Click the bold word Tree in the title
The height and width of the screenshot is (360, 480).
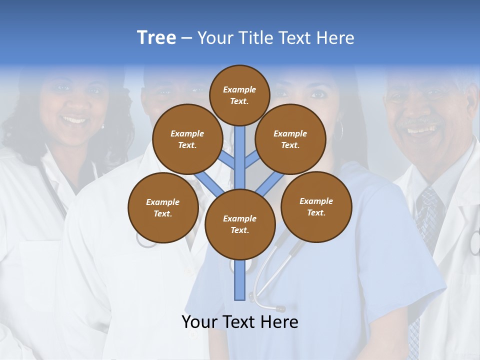click(x=156, y=37)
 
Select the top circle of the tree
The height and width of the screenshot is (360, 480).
click(x=239, y=95)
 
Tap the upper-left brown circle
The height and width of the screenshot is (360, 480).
click(x=187, y=139)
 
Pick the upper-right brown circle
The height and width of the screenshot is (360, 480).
click(x=290, y=139)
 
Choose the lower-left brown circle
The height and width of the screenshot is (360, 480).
click(x=163, y=207)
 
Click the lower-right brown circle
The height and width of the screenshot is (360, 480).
click(x=316, y=206)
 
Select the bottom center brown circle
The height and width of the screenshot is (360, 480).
click(x=240, y=224)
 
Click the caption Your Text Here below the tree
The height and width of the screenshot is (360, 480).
click(x=240, y=322)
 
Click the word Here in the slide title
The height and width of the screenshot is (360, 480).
click(x=334, y=38)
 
